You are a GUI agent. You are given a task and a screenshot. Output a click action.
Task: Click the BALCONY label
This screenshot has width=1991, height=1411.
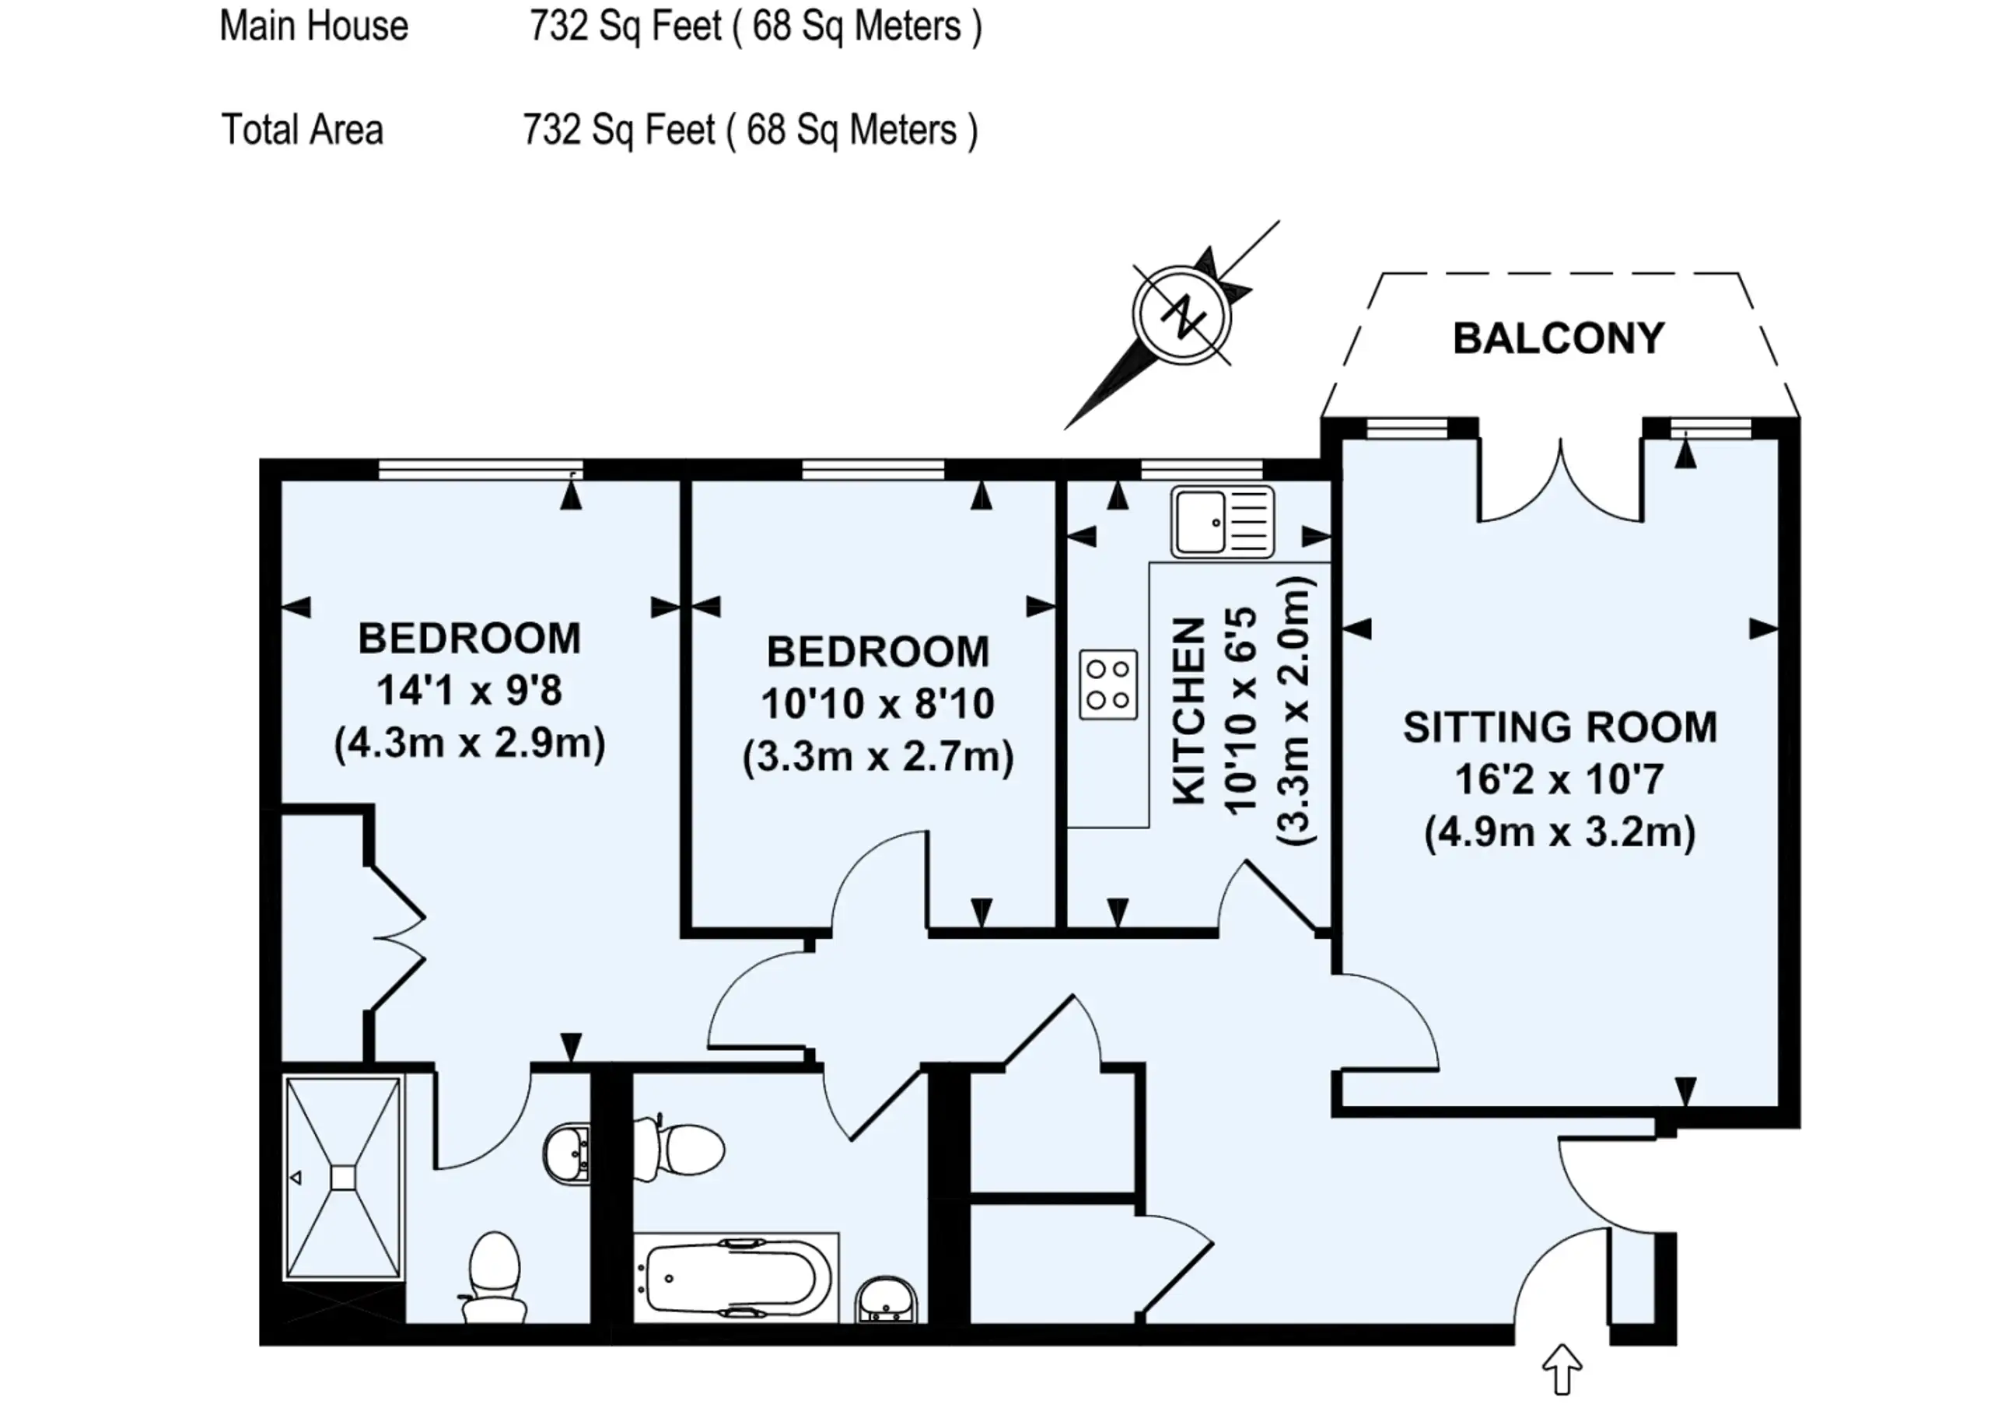click(1559, 339)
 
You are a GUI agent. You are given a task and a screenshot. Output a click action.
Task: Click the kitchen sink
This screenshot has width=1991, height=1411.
click(1223, 521)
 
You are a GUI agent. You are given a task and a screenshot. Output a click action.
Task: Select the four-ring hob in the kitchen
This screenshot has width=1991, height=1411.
click(1108, 684)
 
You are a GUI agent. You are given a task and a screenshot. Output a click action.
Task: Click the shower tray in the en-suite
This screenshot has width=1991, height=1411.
click(344, 1178)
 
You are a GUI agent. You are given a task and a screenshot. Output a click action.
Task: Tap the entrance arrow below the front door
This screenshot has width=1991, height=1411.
click(1561, 1371)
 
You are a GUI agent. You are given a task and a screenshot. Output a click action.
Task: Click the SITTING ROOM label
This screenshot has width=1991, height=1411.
click(1560, 728)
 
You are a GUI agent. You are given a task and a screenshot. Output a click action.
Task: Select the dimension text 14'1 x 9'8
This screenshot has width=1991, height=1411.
click(469, 691)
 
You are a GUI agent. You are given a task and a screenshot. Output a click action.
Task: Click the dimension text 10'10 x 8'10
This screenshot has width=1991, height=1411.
click(877, 704)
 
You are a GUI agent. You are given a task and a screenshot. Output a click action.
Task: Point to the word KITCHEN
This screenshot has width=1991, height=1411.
click(1189, 711)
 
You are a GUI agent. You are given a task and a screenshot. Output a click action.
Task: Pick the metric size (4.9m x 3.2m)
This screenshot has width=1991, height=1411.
click(1560, 832)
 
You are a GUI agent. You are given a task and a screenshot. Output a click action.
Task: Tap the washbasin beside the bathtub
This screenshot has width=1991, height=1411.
click(885, 1300)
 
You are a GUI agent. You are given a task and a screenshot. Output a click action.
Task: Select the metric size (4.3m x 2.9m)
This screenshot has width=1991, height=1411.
click(469, 744)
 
